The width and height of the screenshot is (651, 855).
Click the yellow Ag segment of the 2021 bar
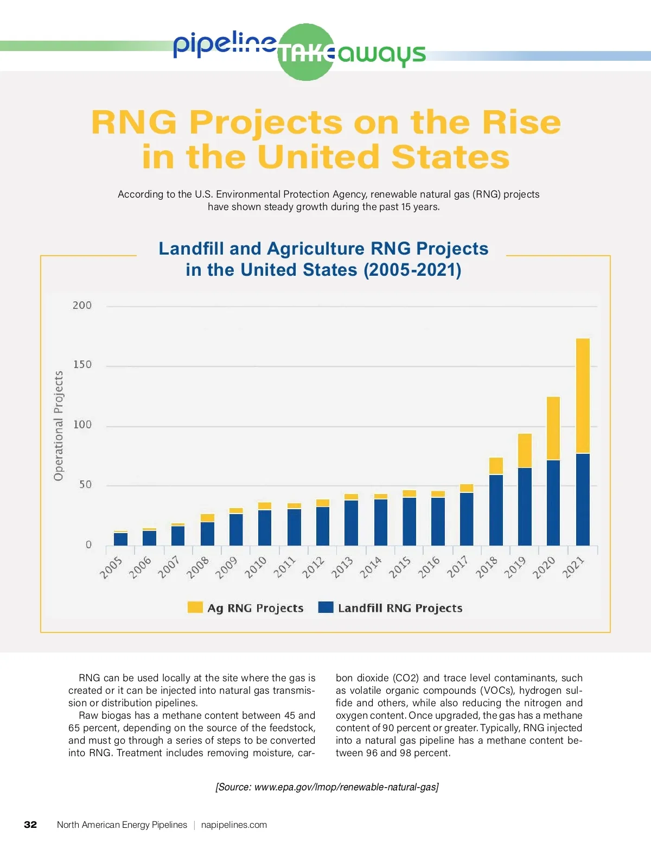coord(583,395)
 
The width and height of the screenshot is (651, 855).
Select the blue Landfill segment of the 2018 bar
coord(496,510)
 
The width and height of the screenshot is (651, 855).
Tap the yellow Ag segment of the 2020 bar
coord(553,428)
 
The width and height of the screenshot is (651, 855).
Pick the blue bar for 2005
coord(120,539)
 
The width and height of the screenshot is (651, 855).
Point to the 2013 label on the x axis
coord(342,567)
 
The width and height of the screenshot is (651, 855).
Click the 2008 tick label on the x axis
coord(198,567)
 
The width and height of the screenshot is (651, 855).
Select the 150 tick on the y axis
coord(82,365)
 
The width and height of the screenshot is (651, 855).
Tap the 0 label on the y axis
coord(88,545)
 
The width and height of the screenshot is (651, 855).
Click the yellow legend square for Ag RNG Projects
coord(195,607)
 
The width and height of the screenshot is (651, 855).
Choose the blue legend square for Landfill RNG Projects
coord(325,607)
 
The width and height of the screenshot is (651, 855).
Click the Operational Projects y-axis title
coord(59,426)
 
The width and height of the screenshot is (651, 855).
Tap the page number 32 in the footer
coord(30,825)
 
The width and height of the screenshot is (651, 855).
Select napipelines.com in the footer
coord(234,825)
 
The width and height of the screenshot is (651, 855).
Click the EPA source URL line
coord(327,787)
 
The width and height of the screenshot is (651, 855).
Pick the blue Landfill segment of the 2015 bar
coord(409,521)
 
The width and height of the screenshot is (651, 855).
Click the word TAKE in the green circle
coord(306,54)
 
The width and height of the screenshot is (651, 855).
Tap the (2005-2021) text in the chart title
coord(412,270)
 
